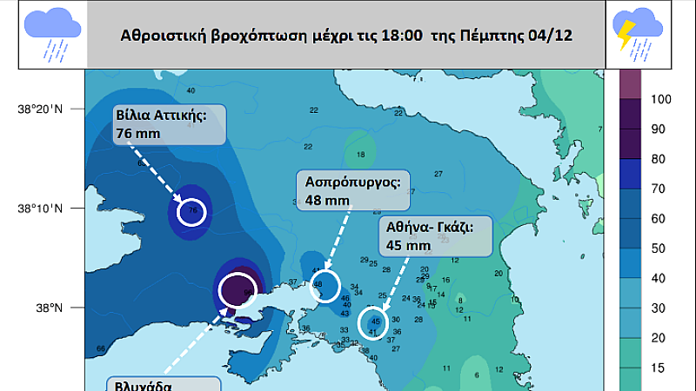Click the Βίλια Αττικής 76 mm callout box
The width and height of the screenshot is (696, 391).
pyautogui.click(x=169, y=123)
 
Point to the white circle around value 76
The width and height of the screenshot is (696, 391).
pyautogui.click(x=192, y=211)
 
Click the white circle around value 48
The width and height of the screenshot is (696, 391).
pyautogui.click(x=323, y=286)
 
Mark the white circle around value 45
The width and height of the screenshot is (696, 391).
pyautogui.click(x=372, y=321)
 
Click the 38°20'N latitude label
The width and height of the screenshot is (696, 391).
pyautogui.click(x=40, y=109)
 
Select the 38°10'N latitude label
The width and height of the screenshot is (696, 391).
pyautogui.click(x=40, y=209)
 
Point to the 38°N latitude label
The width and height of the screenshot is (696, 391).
pyautogui.click(x=49, y=308)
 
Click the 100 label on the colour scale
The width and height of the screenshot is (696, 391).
pyautogui.click(x=661, y=100)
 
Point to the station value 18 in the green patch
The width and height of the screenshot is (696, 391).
pyautogui.click(x=359, y=156)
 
